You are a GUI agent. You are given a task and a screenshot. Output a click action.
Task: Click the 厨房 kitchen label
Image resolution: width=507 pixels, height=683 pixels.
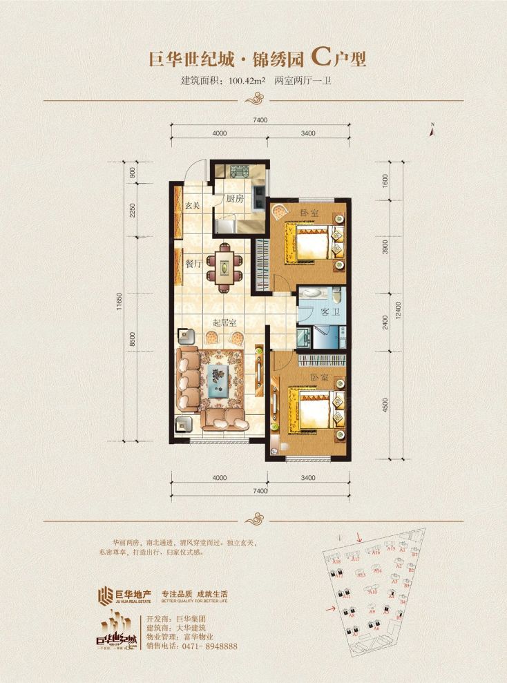(235, 199)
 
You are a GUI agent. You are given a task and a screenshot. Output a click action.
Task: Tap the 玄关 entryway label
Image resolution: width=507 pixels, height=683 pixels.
(193, 205)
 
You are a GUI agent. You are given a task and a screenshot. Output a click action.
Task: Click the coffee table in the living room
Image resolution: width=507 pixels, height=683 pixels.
(218, 379)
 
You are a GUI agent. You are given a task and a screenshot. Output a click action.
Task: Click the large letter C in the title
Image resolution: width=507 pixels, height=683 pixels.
(320, 57)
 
